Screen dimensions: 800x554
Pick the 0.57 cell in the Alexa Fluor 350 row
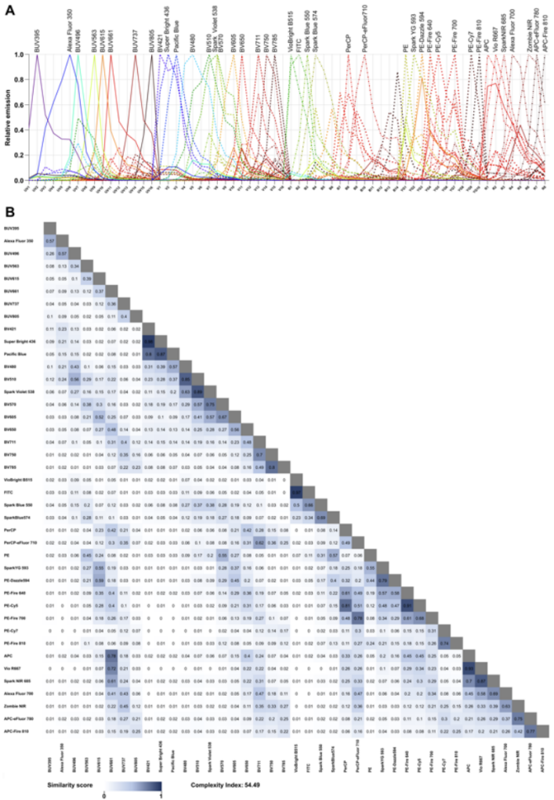(49, 242)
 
